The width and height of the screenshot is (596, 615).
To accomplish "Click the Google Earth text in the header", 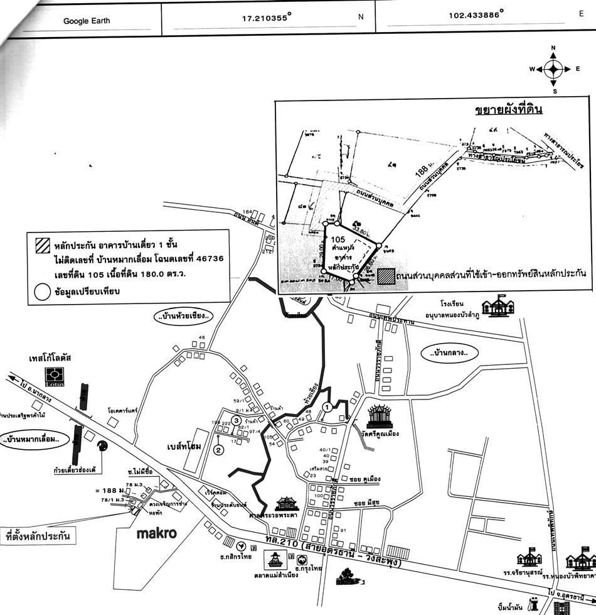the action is (x=87, y=21).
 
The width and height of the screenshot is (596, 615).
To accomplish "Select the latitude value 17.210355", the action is (x=264, y=18).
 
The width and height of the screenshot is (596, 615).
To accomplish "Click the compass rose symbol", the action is (x=553, y=68).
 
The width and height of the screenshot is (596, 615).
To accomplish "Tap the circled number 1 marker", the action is (x=326, y=407).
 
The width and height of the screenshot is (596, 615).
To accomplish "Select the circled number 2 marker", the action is (x=218, y=449).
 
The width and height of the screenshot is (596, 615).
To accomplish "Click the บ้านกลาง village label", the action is (x=449, y=353).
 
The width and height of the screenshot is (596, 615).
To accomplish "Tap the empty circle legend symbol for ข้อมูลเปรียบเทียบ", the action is (x=43, y=291).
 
